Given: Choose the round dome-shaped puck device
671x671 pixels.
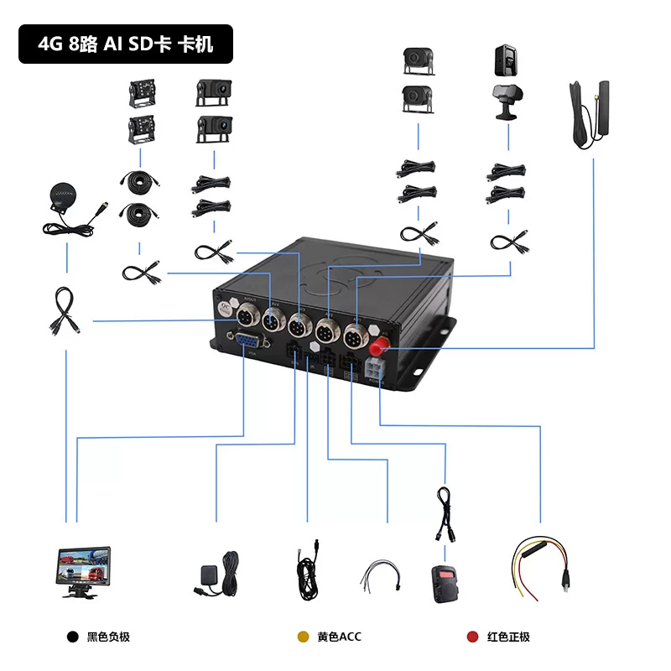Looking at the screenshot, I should pos(63,198).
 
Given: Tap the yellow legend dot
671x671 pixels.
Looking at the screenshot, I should pos(303,637).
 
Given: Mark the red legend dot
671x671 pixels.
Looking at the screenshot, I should pos(472,637).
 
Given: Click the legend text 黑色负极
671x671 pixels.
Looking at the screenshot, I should pos(109,637).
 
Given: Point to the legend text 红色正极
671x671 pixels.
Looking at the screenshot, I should pos(509,637).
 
